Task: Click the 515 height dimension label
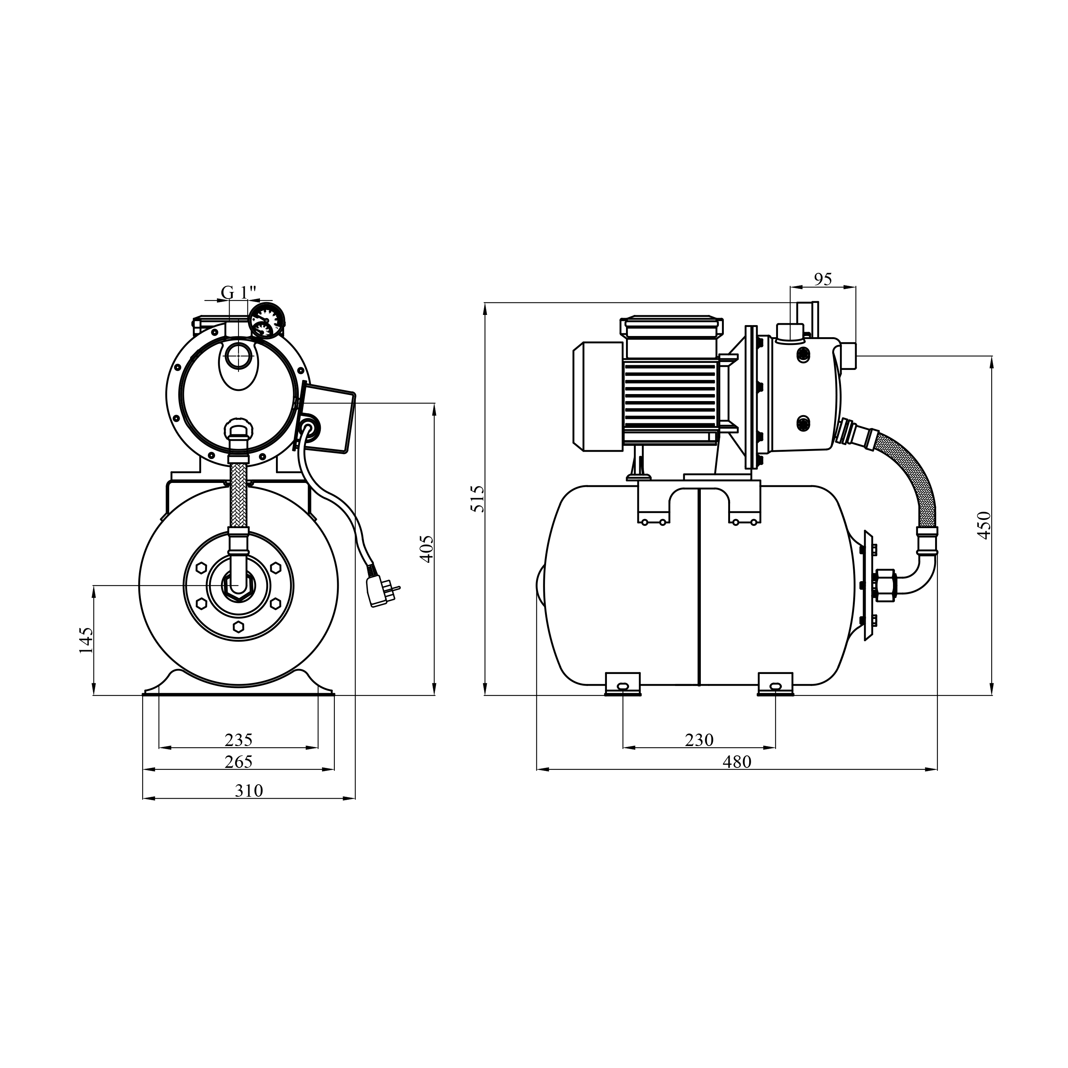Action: point(477,499)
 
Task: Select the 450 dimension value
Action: point(984,525)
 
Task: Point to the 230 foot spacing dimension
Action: point(699,740)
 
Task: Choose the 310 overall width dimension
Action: point(249,791)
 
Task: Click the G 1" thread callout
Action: point(239,291)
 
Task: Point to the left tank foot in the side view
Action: point(622,684)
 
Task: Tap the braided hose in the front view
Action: point(238,495)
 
